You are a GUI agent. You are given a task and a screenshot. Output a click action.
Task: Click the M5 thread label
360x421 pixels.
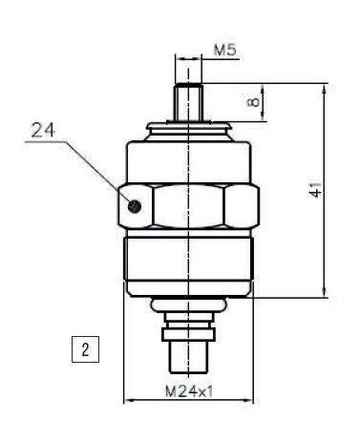225,50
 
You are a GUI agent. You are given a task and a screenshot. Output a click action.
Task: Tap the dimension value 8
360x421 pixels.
253,102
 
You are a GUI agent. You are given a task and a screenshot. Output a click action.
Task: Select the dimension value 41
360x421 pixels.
315,190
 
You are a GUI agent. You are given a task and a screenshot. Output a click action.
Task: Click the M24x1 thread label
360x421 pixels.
189,391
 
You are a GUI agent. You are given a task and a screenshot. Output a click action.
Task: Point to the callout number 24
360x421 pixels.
43,130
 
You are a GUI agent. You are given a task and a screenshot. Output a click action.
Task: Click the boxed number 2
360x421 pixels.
85,349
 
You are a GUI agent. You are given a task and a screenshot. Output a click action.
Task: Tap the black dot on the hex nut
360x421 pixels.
135,207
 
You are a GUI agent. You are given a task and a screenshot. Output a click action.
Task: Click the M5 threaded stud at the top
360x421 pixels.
188,102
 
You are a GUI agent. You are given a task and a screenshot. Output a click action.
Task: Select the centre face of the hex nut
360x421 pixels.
189,206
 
